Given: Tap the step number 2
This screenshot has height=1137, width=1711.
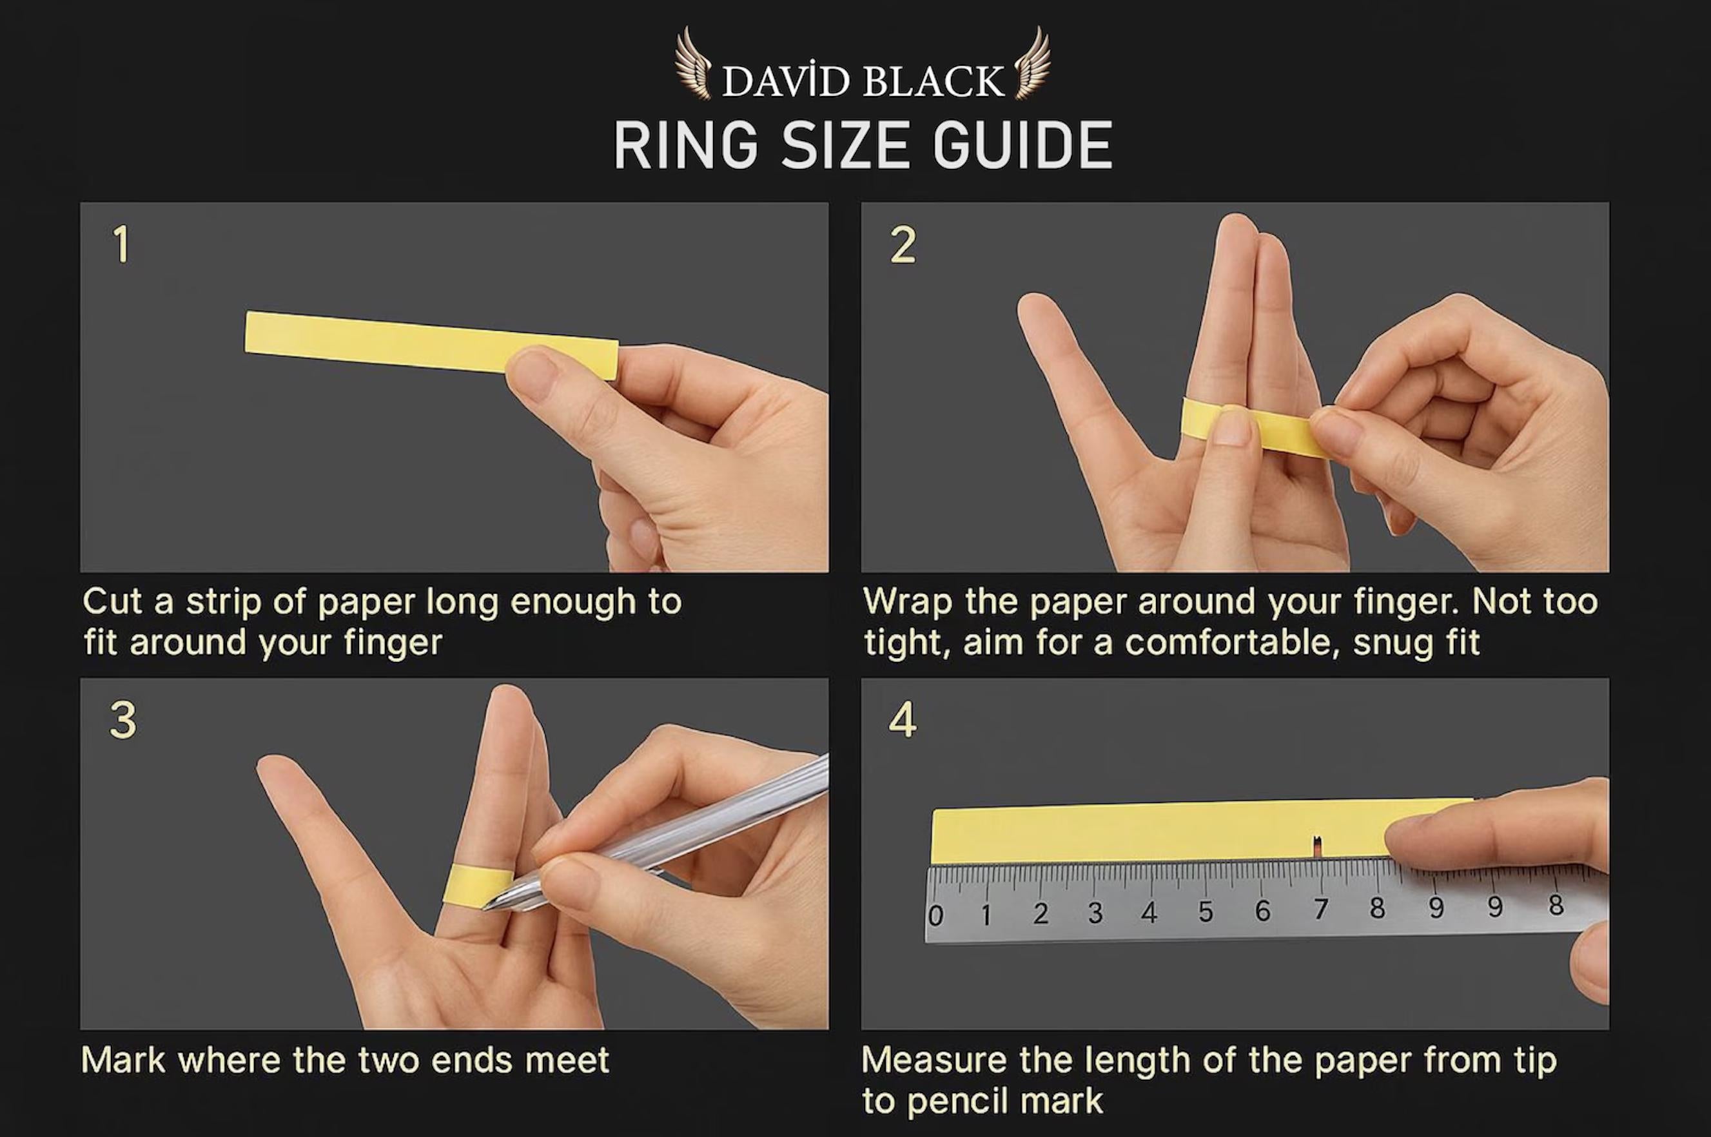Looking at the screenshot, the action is pos(903,245).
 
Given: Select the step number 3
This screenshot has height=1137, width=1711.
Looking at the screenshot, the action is pos(122,720).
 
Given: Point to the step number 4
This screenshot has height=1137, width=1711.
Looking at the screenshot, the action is pos(903,720).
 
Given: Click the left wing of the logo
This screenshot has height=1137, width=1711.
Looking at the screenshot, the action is pos(694,72).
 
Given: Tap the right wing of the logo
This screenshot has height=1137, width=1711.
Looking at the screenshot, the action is pos(1031,72).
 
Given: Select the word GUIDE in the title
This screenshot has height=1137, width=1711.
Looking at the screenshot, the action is pos(1022,146).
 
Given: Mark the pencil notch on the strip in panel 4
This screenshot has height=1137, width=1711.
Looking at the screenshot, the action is pos(1317,844).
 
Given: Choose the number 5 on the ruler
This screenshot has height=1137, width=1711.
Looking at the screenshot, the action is pos(1206,911).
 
